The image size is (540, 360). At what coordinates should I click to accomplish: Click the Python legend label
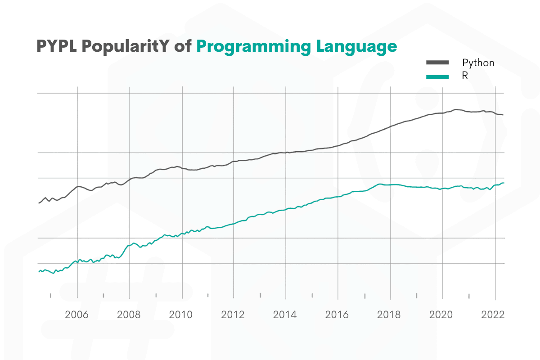[x=478, y=63]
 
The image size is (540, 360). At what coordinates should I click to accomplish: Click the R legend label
[x=465, y=76]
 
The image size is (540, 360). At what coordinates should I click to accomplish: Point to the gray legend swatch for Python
[x=437, y=63]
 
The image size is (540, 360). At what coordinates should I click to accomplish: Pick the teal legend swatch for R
[x=437, y=76]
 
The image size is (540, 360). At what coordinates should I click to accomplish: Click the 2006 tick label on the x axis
[x=77, y=315]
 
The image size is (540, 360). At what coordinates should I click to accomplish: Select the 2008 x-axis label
[x=129, y=315]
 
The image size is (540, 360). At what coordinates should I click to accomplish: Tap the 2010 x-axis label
[x=181, y=315]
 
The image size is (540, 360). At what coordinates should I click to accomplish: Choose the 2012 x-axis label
[x=233, y=315]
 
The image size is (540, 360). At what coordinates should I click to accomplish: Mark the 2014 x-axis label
[x=285, y=315]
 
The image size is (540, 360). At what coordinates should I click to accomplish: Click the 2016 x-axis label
[x=337, y=315]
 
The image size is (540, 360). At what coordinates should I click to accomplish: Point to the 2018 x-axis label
[x=389, y=315]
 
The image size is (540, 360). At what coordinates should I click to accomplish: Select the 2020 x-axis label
[x=441, y=315]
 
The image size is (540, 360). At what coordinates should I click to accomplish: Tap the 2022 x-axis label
[x=493, y=315]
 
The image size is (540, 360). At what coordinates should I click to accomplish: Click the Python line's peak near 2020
[x=456, y=109]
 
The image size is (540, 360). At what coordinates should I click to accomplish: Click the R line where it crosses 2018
[x=390, y=184]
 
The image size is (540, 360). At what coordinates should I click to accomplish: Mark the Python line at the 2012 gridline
[x=233, y=161]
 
